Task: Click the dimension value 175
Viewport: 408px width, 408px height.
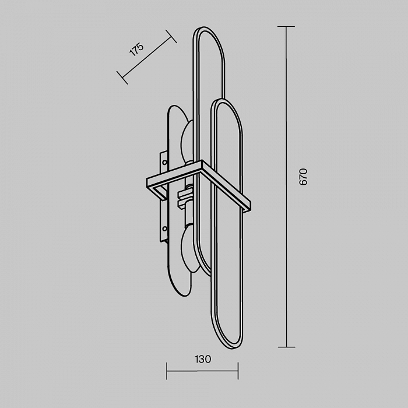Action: [136, 49]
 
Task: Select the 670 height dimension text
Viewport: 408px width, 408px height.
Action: [303, 177]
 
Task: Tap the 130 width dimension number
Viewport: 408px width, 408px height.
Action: [203, 359]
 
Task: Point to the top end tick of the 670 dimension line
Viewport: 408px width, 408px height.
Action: [286, 27]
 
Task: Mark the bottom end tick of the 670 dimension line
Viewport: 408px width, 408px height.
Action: [287, 347]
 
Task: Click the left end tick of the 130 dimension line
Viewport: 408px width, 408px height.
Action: [167, 371]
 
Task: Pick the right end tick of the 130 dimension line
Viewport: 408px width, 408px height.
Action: [238, 371]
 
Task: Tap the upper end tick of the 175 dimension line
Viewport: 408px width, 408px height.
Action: [171, 36]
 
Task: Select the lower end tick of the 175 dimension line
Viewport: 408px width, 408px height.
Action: [122, 78]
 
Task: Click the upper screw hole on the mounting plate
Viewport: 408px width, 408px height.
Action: [164, 163]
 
